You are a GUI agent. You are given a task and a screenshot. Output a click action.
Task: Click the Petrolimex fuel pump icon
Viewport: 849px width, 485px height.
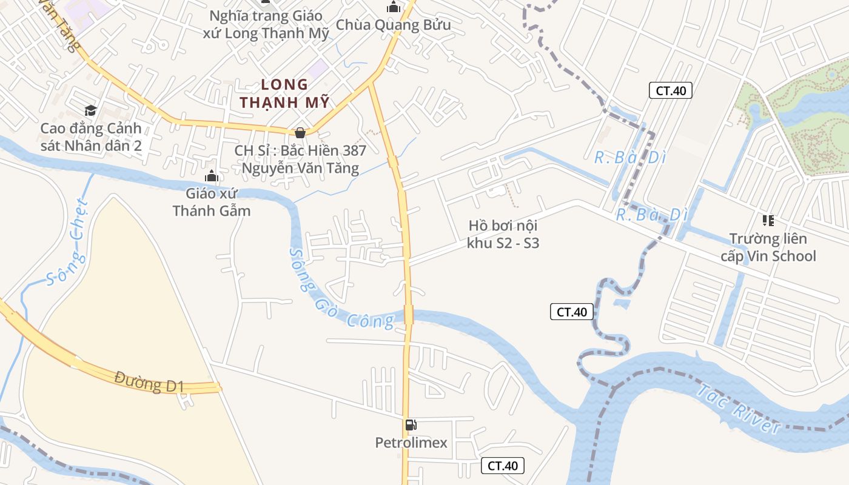(411, 425)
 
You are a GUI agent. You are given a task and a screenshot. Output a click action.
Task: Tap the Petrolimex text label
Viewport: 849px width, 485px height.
(411, 443)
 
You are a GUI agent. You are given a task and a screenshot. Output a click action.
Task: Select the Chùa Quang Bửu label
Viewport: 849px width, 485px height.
(394, 25)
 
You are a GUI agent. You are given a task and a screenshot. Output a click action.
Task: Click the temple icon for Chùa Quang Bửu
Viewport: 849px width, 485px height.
(394, 7)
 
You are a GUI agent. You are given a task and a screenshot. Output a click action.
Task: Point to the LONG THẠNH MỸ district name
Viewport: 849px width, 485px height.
(284, 93)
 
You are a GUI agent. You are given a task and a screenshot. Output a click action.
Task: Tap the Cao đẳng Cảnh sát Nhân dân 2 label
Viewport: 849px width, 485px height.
(91, 136)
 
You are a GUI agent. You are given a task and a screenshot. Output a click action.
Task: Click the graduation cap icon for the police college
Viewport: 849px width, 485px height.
(90, 110)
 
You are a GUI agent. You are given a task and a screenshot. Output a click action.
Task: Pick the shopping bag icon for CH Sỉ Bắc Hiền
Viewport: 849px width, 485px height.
(300, 132)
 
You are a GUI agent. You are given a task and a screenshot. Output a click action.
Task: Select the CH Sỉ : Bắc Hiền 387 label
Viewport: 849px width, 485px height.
(300, 159)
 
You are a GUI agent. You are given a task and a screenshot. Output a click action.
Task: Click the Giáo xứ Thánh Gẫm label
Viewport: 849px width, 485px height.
(212, 202)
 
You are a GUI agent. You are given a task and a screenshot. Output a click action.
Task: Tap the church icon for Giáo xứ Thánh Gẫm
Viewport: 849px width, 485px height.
(212, 176)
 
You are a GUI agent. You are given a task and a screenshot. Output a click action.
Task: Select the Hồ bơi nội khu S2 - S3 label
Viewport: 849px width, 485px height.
(503, 234)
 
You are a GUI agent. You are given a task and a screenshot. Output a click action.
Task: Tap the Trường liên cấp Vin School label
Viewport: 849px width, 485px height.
(768, 247)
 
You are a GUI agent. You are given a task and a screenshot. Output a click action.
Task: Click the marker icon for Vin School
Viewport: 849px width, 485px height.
(768, 220)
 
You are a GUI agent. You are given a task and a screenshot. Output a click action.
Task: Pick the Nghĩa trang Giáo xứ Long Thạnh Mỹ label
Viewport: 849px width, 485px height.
(267, 24)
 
